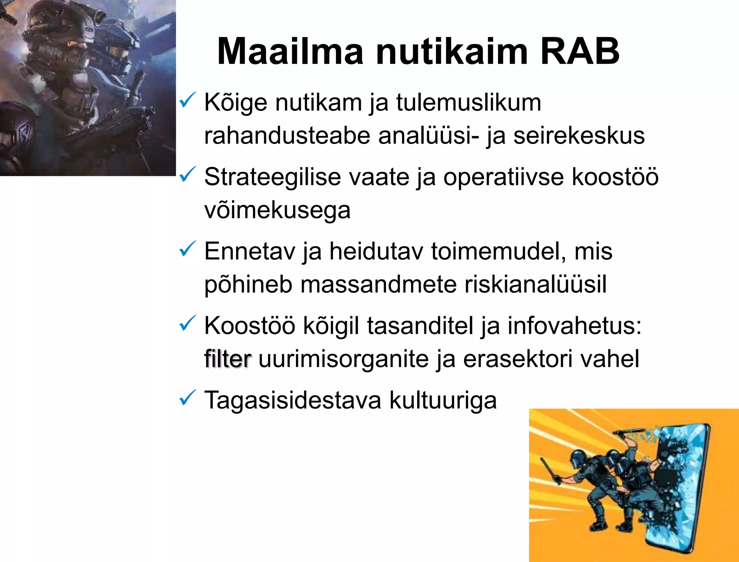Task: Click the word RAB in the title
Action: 580,51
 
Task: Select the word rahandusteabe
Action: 287,136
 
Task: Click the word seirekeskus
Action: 579,136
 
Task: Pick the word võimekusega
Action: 277,210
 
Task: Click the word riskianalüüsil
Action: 535,284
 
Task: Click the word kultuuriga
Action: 443,400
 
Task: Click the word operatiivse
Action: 503,178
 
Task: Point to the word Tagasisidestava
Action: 293,400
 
